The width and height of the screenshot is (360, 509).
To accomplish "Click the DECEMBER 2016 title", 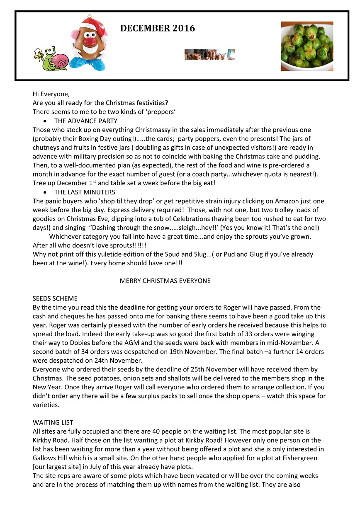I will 157,29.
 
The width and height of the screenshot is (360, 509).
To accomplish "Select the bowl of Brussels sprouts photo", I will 307,46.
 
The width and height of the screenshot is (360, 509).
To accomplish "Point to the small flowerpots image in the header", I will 209,55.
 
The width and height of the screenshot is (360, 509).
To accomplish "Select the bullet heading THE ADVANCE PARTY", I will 85,121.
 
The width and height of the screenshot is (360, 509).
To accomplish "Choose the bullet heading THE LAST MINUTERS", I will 85,192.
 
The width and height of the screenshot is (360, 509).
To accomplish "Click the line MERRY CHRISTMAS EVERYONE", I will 165,281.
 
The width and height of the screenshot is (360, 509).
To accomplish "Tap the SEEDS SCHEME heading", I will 55,298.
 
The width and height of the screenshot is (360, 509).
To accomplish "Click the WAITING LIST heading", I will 53,423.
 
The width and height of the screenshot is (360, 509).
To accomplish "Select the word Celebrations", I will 209,219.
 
